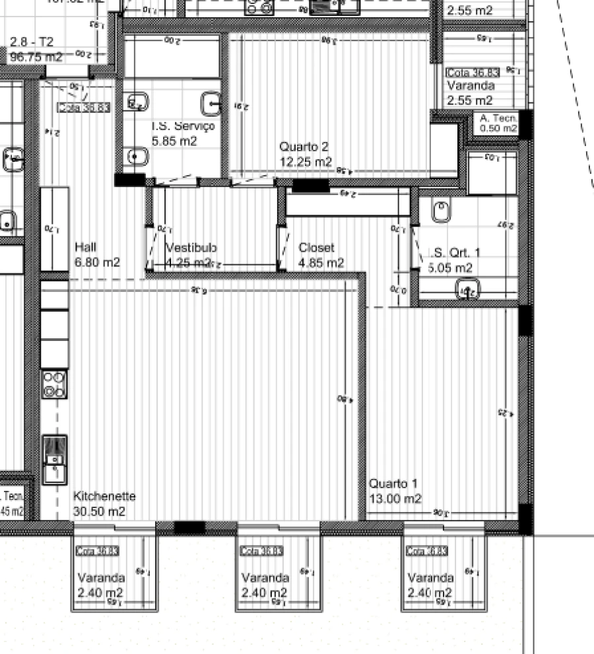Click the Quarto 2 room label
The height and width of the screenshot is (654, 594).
point(304,147)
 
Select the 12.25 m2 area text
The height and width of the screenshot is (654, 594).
point(306,162)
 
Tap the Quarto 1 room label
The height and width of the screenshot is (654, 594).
point(393,484)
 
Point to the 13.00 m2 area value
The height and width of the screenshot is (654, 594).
point(395,499)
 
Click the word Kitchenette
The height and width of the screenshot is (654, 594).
point(104,496)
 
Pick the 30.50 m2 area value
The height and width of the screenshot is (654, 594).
point(99,512)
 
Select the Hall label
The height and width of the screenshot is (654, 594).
point(86,246)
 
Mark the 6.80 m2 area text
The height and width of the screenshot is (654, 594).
point(98,262)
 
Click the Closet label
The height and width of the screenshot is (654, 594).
point(316,248)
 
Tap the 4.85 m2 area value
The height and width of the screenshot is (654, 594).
point(321,263)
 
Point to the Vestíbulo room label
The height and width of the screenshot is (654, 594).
point(191,248)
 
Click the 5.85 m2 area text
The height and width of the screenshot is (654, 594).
point(174,141)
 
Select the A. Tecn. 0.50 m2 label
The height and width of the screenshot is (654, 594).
point(498,124)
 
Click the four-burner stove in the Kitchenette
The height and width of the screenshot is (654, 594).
point(55,384)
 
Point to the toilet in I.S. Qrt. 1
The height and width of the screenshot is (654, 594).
point(442,211)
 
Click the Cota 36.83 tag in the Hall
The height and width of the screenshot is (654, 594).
point(84,107)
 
